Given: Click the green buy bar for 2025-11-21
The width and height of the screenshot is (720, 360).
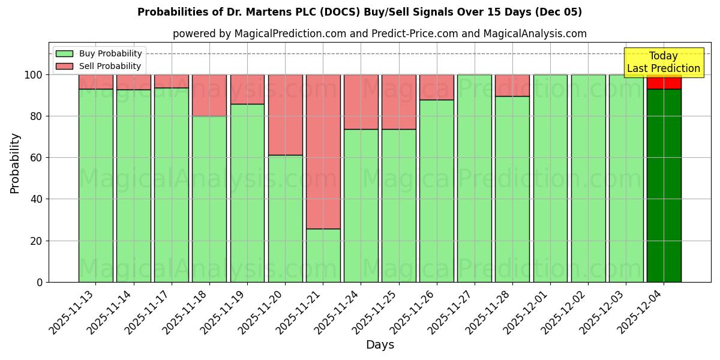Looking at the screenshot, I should click(x=323, y=255).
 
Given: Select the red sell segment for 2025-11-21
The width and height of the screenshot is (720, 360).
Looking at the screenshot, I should click(x=323, y=151).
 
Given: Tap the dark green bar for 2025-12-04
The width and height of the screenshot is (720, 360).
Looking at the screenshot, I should click(x=664, y=185).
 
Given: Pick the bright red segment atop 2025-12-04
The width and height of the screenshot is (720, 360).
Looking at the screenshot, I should click(x=664, y=82).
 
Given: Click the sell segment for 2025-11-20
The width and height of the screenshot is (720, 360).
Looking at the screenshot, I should click(x=285, y=115).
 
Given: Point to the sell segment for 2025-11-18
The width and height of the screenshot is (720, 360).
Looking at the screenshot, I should click(x=209, y=95).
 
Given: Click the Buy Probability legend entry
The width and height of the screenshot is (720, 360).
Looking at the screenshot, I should click(x=98, y=54).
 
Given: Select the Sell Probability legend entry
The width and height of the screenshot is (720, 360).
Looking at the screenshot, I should click(x=98, y=67).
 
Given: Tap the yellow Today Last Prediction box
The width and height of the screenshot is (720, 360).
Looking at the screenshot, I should click(x=663, y=62).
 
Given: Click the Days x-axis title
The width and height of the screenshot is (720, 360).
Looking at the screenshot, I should click(x=380, y=345).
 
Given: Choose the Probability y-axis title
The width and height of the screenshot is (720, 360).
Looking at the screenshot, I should click(x=15, y=163).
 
